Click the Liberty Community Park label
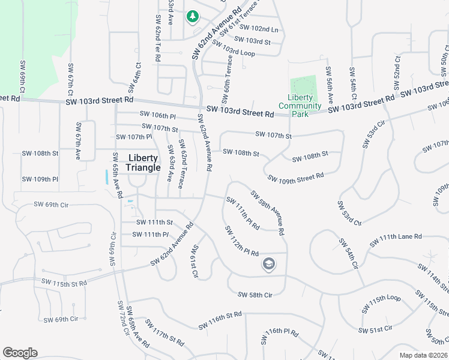tap(304, 106)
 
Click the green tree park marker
tap(193, 17)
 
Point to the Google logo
tap(20, 353)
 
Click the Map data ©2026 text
tap(423, 355)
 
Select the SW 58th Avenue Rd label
tap(267, 212)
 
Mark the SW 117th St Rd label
tap(168, 337)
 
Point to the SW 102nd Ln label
tap(259, 28)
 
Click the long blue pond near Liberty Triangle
tap(107, 177)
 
